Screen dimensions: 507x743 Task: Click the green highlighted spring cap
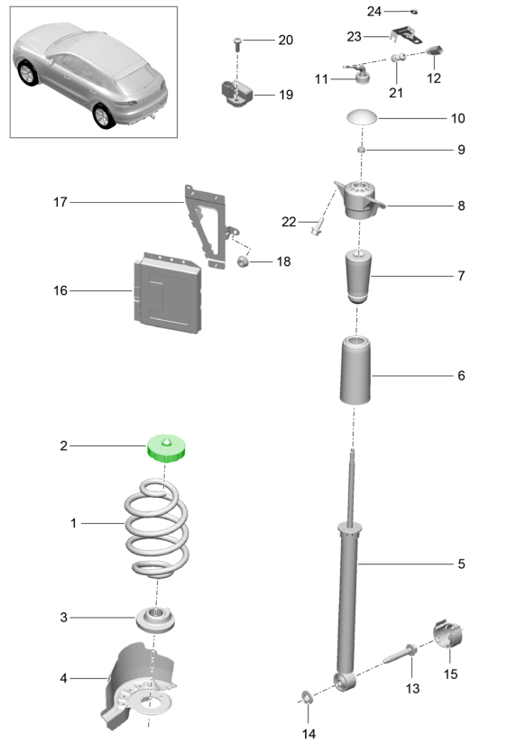[x=165, y=448]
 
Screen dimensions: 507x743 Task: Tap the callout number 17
[x=60, y=202]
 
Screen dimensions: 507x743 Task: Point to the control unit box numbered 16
[x=168, y=293]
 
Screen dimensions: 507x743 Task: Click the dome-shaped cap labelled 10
[x=362, y=117]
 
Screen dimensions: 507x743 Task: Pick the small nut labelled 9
[x=361, y=151]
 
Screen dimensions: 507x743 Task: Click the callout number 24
[x=374, y=11]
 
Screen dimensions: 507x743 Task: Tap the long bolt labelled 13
[x=400, y=654]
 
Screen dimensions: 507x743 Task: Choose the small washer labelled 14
[x=308, y=697]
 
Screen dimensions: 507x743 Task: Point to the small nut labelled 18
[x=244, y=261]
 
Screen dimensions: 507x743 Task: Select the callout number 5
[x=461, y=564]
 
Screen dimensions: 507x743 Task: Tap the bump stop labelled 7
[x=358, y=276]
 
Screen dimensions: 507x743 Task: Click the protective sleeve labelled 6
[x=355, y=371]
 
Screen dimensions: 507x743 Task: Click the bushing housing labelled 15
[x=447, y=634]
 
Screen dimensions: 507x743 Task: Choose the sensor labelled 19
[x=236, y=92]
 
